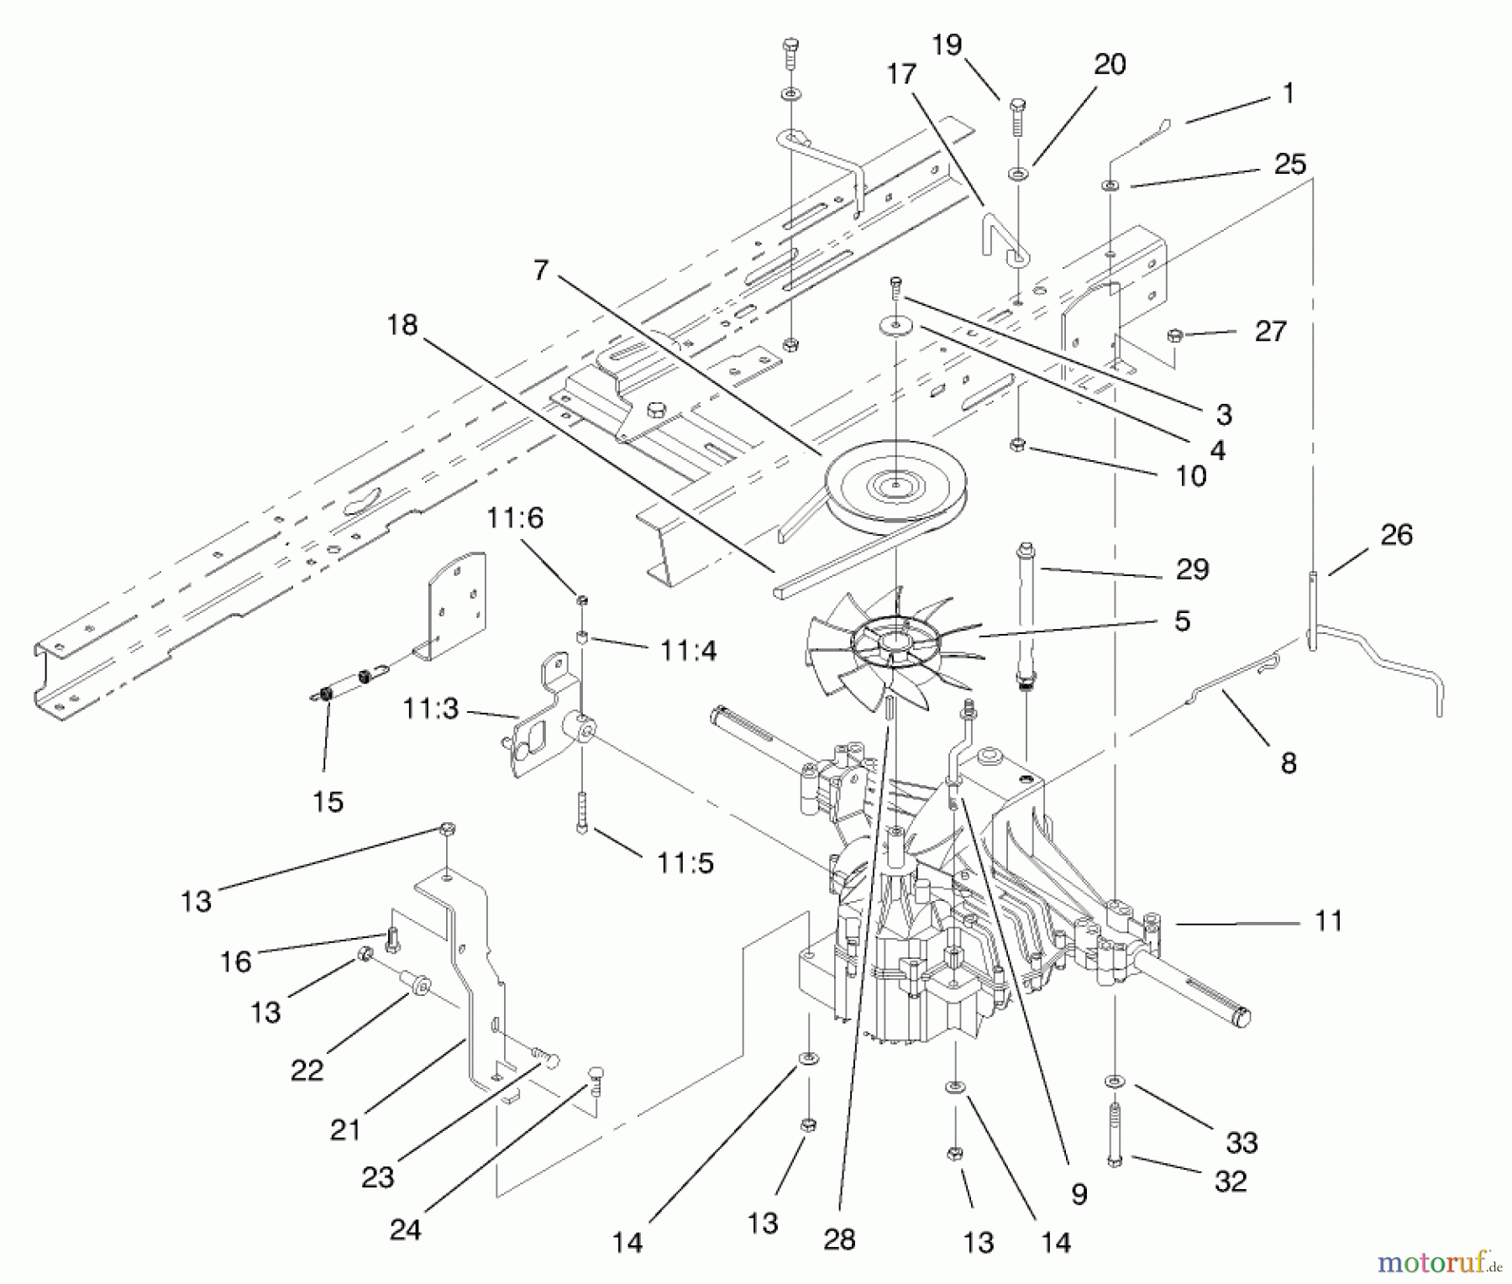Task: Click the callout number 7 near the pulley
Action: pyautogui.click(x=540, y=270)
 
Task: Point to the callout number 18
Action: pyautogui.click(x=402, y=325)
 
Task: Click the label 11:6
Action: pyautogui.click(x=515, y=518)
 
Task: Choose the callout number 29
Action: pyautogui.click(x=1192, y=569)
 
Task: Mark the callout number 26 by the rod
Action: pyautogui.click(x=1396, y=535)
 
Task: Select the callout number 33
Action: pyautogui.click(x=1242, y=1142)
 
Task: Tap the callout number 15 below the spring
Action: pyautogui.click(x=328, y=801)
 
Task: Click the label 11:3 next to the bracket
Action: pyautogui.click(x=430, y=709)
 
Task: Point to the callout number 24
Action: pyautogui.click(x=405, y=1229)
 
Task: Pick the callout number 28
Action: pyautogui.click(x=839, y=1239)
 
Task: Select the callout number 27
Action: pyautogui.click(x=1270, y=331)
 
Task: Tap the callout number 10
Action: pyautogui.click(x=1191, y=476)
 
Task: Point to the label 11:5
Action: pyautogui.click(x=686, y=862)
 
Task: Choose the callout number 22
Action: pyautogui.click(x=307, y=1070)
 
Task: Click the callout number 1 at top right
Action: pyautogui.click(x=1289, y=93)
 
